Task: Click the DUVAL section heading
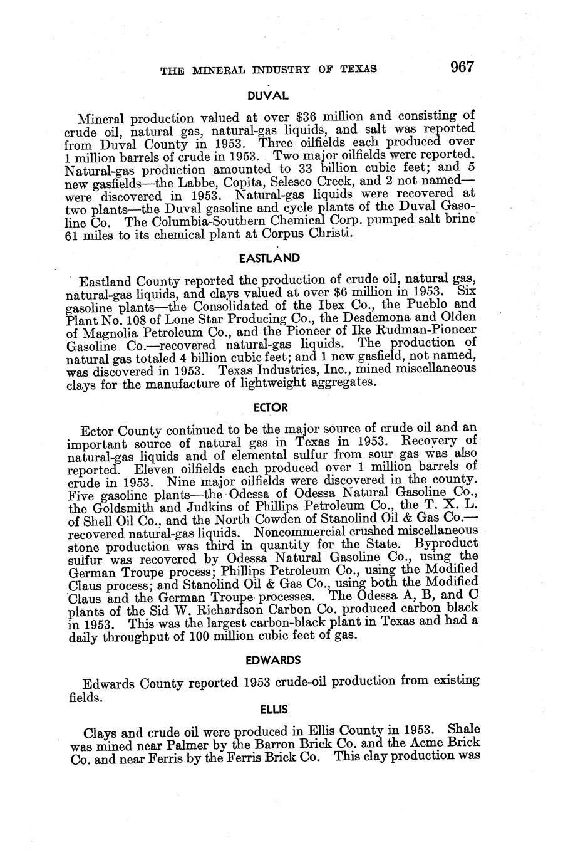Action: (x=267, y=96)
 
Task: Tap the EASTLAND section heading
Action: (x=270, y=258)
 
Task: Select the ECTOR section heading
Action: (x=271, y=407)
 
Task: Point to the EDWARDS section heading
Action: (x=273, y=660)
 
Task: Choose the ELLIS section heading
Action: (x=274, y=710)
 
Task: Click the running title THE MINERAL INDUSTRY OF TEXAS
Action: (x=269, y=70)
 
